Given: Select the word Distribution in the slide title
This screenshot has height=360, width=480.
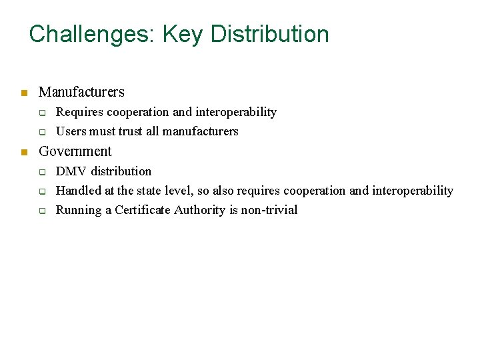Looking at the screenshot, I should pos(270,34).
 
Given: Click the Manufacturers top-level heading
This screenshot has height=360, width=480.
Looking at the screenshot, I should pos(81,92).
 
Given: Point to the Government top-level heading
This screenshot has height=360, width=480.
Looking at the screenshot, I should pos(75,151).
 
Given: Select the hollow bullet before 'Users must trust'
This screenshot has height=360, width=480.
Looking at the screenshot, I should pos(41,131).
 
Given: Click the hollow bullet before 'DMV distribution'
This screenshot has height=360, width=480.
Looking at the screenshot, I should pos(41,172).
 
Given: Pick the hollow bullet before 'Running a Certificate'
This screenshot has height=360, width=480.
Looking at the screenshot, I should pos(41,211).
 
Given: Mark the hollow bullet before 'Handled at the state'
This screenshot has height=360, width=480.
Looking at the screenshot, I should pos(41,191).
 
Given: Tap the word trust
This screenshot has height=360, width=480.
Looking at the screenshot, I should pos(131,131).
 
